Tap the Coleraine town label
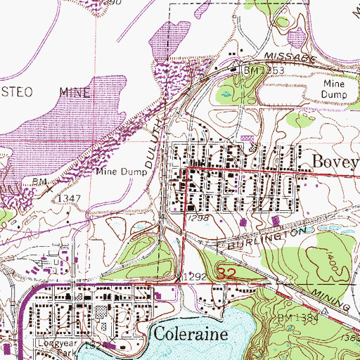[x=189, y=333]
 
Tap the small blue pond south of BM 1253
[x=226, y=92]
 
